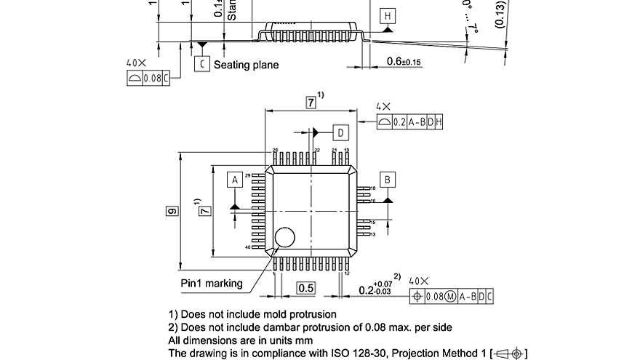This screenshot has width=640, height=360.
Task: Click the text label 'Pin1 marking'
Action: pos(212,283)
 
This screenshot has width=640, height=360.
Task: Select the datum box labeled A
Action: pos(234,179)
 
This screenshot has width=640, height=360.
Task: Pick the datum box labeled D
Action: pos(340,132)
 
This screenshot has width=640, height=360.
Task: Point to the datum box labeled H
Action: pos(387,16)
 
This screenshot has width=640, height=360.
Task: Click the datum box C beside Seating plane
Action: pos(201,64)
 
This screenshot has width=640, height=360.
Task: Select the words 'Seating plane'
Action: pos(246,65)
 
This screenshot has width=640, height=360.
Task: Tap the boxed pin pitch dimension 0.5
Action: pos(306,288)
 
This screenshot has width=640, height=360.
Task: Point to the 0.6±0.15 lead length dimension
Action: pos(404,61)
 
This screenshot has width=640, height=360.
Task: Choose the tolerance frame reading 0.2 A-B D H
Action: pos(410,122)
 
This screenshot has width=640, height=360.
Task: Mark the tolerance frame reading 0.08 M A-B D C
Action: pos(452,296)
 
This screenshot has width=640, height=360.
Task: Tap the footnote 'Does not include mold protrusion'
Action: pos(252,315)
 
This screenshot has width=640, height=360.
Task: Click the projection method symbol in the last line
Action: pos(508,353)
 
